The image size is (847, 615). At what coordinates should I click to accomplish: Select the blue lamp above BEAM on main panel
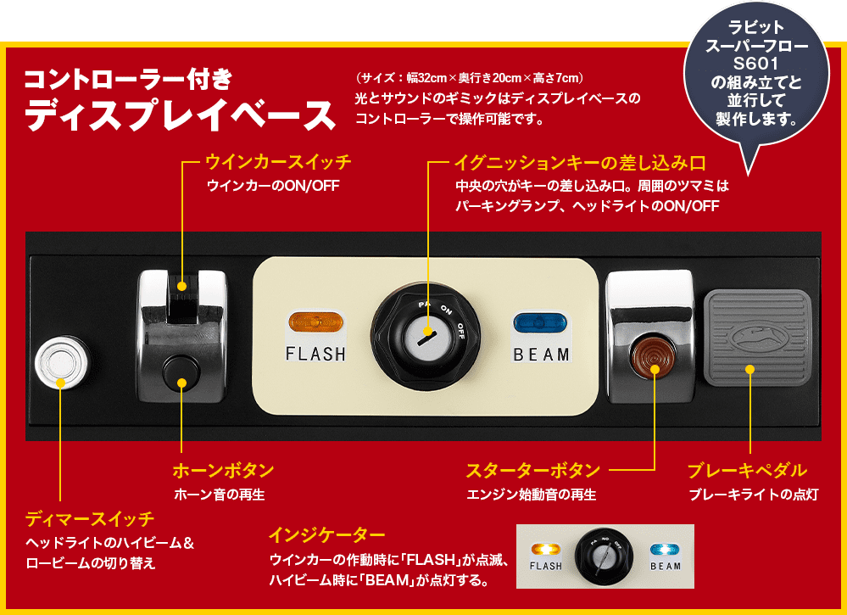tap(541, 323)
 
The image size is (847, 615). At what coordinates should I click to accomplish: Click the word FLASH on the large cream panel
tap(315, 354)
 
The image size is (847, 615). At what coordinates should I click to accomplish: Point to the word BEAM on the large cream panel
tap(541, 355)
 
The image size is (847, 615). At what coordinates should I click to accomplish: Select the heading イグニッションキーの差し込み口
tap(580, 161)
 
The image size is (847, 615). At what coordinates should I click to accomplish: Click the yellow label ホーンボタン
tap(223, 470)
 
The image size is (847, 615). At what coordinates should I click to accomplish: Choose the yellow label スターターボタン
tap(533, 470)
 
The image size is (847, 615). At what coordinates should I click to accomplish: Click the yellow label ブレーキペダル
tap(747, 470)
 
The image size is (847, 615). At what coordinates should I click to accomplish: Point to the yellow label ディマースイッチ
tap(90, 517)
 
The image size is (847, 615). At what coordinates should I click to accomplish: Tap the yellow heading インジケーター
tap(327, 535)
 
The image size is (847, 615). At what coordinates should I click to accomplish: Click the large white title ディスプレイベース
tap(181, 115)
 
